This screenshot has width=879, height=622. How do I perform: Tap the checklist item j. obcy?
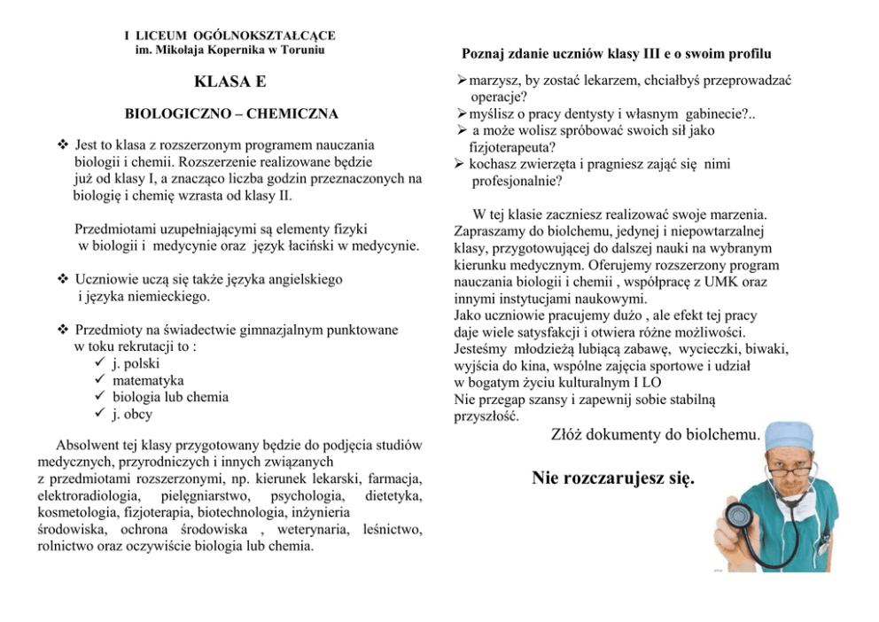pos(132,414)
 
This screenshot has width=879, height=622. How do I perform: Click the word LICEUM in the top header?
pos(164,35)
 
